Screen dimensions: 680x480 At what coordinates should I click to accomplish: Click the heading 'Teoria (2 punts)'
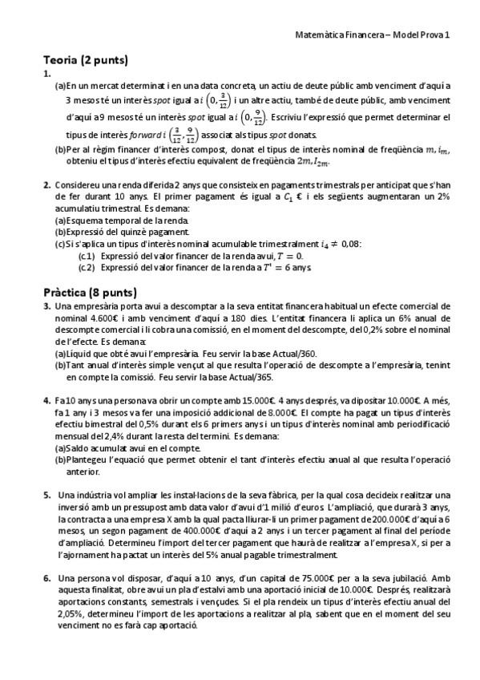(86, 60)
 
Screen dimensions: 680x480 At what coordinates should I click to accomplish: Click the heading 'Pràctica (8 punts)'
(90, 292)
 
